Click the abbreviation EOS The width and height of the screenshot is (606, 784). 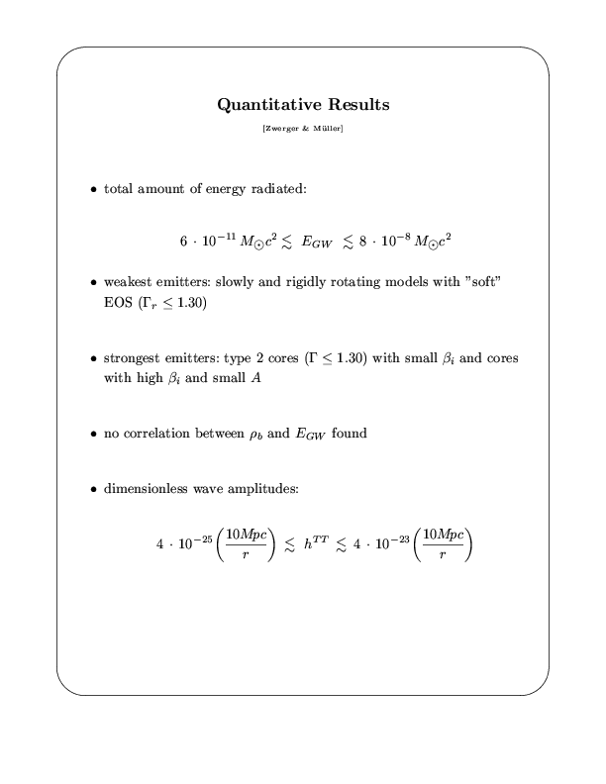coord(118,303)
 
